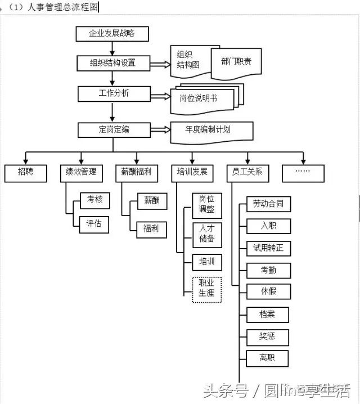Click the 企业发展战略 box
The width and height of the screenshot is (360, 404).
[112, 34]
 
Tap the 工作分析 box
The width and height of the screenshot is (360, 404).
[114, 93]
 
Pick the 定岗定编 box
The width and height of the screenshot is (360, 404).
[114, 130]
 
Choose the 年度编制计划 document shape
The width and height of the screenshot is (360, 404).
[211, 130]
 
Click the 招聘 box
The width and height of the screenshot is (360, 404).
[26, 173]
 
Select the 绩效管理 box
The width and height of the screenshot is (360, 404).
[81, 173]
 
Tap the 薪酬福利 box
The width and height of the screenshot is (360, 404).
[136, 173]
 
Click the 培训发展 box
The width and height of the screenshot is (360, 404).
[192, 173]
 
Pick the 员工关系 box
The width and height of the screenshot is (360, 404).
[247, 173]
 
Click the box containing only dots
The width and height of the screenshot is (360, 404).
[303, 173]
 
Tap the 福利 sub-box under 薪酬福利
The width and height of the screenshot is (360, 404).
[151, 229]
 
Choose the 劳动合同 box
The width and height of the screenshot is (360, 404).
[268, 204]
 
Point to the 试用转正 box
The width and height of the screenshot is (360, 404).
[268, 248]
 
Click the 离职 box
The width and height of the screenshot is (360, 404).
[267, 358]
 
